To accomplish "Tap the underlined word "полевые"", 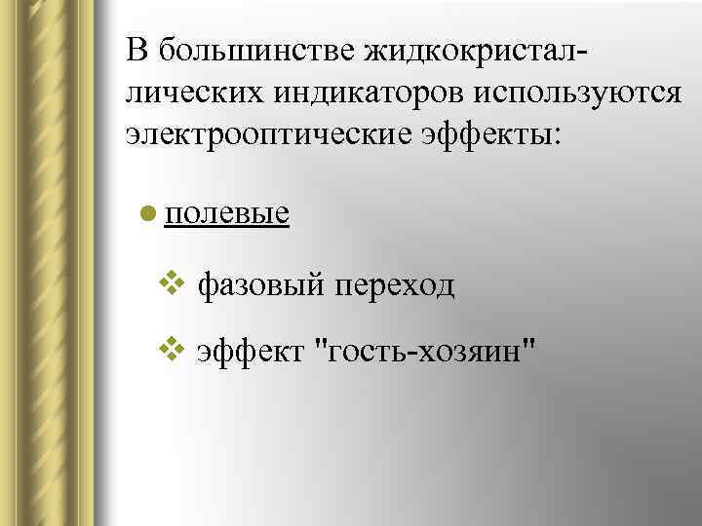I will click(x=227, y=212).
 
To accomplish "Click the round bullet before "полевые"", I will click(x=146, y=211).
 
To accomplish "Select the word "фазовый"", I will click(x=259, y=285).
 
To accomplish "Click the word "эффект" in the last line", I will click(x=251, y=349).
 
